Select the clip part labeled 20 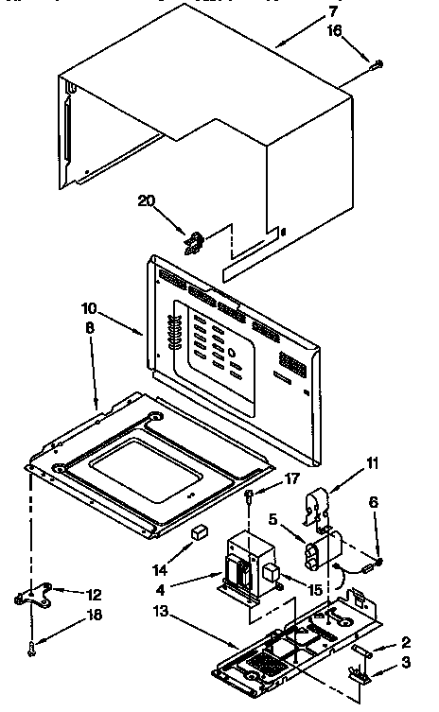pos(195,243)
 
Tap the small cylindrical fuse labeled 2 pos(364,651)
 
